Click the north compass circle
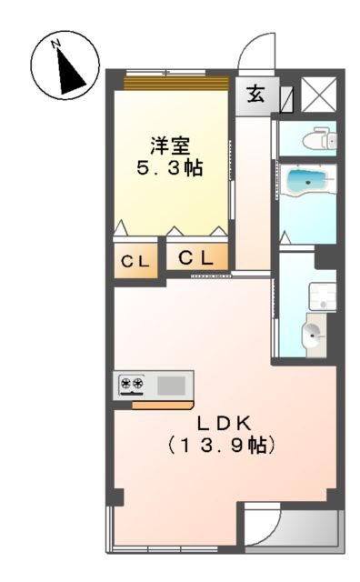[64, 66]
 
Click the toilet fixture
[317, 139]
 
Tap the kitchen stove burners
[132, 385]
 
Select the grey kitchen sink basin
[171, 385]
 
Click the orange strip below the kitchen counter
[161, 404]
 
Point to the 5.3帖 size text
[169, 168]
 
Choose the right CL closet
[195, 258]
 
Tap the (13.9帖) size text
[222, 447]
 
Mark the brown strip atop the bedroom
[175, 84]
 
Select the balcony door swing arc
[265, 525]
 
